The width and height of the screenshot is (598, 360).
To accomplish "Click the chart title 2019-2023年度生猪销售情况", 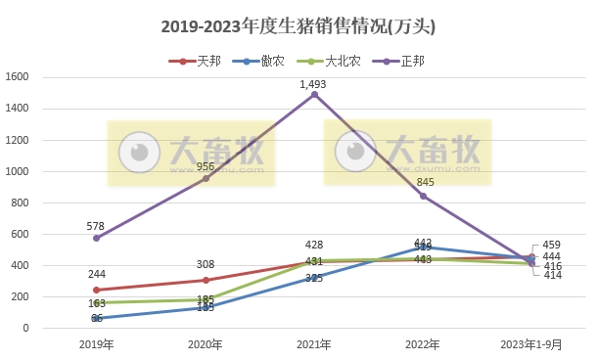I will (299, 27).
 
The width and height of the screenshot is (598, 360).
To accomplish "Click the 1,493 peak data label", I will (314, 84).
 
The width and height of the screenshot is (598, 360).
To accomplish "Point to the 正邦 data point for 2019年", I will (96, 238).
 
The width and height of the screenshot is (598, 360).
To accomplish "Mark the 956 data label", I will (206, 166).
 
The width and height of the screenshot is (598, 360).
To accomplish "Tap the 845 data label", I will (424, 182).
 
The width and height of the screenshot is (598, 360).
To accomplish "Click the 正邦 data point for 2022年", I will (424, 196).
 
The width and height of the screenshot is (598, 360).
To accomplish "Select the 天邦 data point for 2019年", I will (96, 290).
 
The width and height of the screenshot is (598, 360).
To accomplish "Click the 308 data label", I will (206, 265).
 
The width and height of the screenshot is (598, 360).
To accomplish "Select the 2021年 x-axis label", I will (314, 344).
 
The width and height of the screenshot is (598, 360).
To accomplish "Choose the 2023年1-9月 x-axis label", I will (532, 344).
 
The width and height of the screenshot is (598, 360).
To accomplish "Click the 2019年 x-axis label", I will (96, 344).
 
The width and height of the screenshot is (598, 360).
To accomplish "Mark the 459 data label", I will (552, 245).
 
